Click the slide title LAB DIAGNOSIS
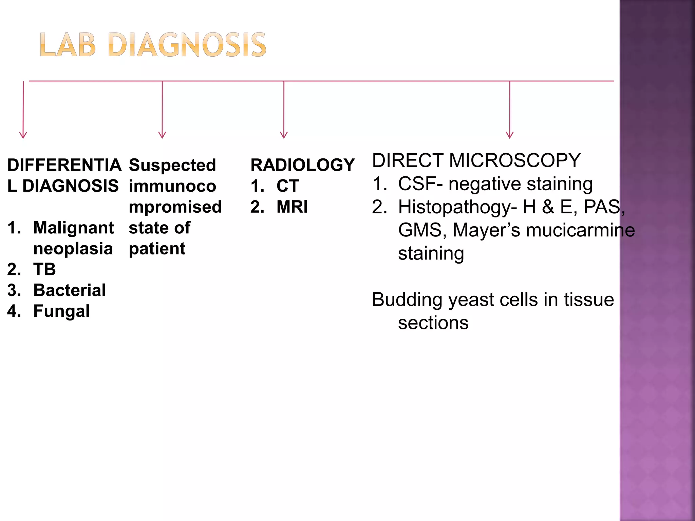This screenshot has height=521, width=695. pos(153,45)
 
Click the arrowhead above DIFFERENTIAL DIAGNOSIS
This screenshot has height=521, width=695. pos(23,135)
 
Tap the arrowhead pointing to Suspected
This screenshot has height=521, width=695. pos(162,135)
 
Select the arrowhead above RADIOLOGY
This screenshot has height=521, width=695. pos(284,135)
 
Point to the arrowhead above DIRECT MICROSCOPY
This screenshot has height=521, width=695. pos(509,135)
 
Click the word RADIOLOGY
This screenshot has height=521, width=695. pos(302,165)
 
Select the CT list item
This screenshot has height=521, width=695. pos(287,186)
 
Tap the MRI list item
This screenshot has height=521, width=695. pos(292,207)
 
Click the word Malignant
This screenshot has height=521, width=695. pos(73,228)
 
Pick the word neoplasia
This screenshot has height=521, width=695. pos(73,249)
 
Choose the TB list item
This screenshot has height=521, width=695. pos(44,269)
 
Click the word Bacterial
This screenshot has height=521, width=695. pos(70,290)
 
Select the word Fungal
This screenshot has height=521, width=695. pos(61,311)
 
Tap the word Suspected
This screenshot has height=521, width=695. pos(172,165)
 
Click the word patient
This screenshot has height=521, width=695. pos(157,249)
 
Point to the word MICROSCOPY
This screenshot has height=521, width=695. pos(514,160)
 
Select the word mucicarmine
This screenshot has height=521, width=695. pos(580,230)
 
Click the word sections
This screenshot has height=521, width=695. pos(433,323)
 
